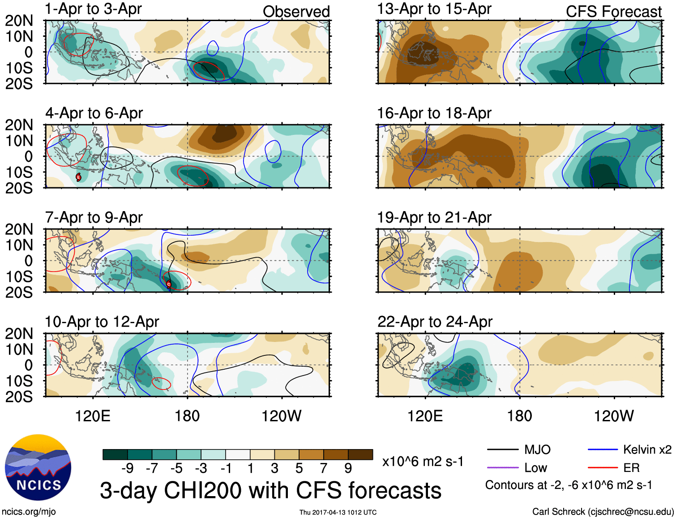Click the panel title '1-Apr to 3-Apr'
(x=93, y=9)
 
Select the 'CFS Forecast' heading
(x=613, y=12)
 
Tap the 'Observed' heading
(x=296, y=12)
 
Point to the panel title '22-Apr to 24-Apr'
(x=435, y=322)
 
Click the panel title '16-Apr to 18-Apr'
(x=434, y=113)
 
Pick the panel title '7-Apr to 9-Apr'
(x=94, y=218)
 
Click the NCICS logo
(x=38, y=467)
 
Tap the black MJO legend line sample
(x=502, y=450)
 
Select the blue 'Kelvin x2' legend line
(x=603, y=450)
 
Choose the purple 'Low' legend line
(x=502, y=468)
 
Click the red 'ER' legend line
(x=603, y=468)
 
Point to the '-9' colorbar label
(x=128, y=468)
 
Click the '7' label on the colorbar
(x=324, y=468)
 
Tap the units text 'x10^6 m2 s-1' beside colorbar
(x=423, y=462)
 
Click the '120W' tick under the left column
(x=282, y=416)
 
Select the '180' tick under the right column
(x=519, y=416)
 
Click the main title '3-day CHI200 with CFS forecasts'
(x=270, y=490)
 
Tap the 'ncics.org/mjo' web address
(x=29, y=512)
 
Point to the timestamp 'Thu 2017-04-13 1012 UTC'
(x=338, y=512)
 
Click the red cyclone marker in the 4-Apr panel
(x=78, y=177)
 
